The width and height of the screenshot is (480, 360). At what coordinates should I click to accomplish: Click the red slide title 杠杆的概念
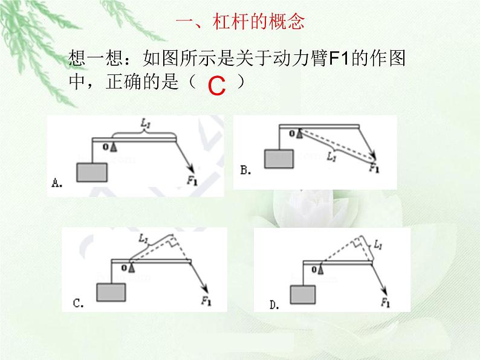(x=259, y=21)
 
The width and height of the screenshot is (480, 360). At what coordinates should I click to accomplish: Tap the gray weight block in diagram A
(x=92, y=173)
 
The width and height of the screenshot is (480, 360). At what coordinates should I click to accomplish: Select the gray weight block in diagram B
(x=279, y=159)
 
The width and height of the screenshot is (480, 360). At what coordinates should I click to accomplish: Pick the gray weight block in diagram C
(x=111, y=292)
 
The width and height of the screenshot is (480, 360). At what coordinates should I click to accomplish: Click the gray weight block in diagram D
(x=303, y=295)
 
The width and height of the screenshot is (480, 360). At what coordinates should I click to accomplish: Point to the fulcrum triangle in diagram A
(x=114, y=147)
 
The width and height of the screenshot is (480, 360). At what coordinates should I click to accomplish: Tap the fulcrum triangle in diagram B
(x=299, y=133)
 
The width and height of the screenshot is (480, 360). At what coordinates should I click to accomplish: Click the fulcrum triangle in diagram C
(x=132, y=268)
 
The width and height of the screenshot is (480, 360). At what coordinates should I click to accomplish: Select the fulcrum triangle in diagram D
(x=320, y=269)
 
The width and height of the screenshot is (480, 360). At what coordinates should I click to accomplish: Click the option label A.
(x=57, y=183)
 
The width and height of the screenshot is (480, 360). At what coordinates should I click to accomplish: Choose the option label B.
(x=246, y=170)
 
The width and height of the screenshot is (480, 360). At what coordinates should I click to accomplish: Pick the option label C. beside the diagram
(x=79, y=303)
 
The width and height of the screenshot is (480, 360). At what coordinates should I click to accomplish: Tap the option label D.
(x=274, y=305)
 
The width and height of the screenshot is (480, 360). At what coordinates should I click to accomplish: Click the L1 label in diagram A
(x=146, y=123)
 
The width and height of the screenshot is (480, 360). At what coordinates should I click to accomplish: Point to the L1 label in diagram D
(x=378, y=244)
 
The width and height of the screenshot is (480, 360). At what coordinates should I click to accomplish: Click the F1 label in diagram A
(x=192, y=181)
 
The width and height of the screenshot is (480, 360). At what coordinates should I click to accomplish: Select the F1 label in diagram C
(x=206, y=301)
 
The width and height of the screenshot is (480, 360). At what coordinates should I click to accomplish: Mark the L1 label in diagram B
(x=331, y=156)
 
